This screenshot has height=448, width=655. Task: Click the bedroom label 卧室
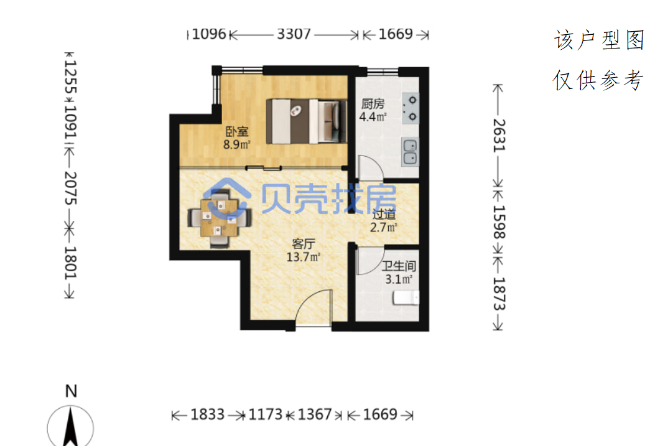coord(237,131)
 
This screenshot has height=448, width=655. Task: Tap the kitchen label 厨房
coord(373,103)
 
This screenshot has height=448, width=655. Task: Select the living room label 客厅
coord(304,244)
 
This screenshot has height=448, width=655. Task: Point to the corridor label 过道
coord(384,214)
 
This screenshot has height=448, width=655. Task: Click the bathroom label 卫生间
coord(399,266)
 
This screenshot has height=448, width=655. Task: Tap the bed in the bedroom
coord(307,121)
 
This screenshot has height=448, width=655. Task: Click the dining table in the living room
coord(220,217)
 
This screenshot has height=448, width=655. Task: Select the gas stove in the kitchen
coord(410,108)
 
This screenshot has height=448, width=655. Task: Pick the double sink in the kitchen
coord(410,152)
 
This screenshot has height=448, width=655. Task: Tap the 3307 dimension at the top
coord(294,34)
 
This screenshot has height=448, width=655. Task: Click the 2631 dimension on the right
coord(499,136)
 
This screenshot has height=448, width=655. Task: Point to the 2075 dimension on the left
coord(70,188)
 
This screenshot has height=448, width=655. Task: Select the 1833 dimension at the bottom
coord(208,414)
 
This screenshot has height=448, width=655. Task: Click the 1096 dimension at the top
coord(209,34)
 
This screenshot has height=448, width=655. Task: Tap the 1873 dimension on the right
coord(499,294)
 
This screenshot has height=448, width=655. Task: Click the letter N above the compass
coord(71,391)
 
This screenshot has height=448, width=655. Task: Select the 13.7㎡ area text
coord(304,256)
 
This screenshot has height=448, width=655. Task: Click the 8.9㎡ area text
coord(237,144)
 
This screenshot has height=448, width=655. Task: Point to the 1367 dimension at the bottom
coord(315,414)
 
